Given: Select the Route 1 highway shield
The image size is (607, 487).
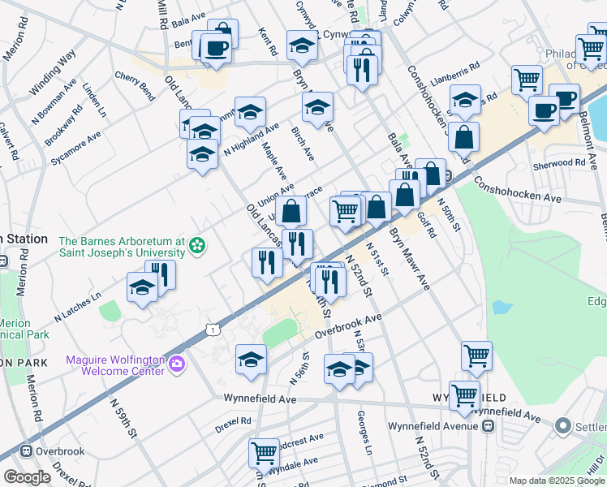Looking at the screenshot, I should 212,329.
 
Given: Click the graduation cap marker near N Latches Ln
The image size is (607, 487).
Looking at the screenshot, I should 142,287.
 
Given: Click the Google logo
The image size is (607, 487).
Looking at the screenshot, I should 28,476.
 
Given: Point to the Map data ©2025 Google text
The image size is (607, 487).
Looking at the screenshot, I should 557,481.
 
